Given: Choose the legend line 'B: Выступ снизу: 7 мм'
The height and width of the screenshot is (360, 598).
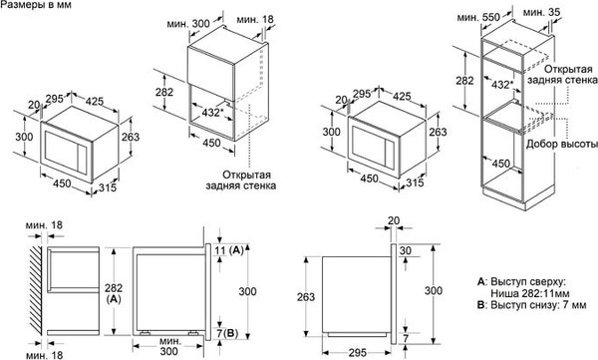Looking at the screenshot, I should click(x=520, y=319).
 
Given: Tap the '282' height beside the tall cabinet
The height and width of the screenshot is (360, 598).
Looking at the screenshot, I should click(x=464, y=80).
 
